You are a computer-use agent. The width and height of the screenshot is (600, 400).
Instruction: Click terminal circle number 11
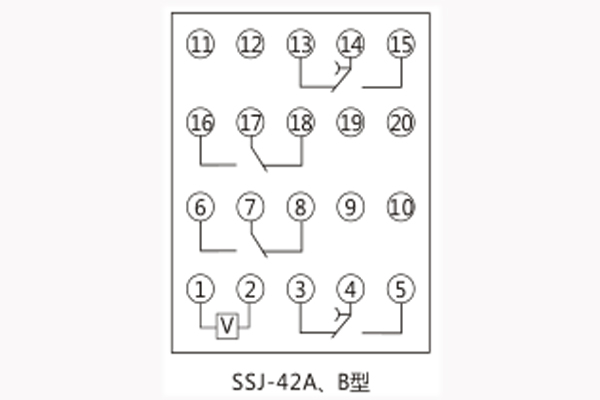point(201,44)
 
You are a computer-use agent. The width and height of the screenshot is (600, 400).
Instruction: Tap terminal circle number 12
point(250,44)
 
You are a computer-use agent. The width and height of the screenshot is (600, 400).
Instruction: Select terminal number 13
point(299,44)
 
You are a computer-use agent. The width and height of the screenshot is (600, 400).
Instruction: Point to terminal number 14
point(350,44)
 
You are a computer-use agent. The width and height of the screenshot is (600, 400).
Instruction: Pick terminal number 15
point(400,44)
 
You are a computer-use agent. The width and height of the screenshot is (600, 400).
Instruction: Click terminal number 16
point(201,123)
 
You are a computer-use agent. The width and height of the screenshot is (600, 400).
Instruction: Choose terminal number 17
point(250,123)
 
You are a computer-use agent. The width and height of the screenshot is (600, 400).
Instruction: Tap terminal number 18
point(299,123)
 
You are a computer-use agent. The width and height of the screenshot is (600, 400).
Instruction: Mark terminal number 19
point(350,123)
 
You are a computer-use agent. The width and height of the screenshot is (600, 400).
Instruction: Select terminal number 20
point(400,123)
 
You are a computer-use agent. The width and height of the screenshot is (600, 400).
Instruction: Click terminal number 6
point(201,208)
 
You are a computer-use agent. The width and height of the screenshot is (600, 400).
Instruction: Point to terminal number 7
point(250,208)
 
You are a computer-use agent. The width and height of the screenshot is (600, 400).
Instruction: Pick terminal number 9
point(350,208)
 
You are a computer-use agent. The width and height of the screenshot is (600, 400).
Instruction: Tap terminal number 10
point(400,208)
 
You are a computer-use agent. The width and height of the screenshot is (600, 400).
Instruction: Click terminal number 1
point(201,290)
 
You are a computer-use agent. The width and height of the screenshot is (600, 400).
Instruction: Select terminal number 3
point(299,290)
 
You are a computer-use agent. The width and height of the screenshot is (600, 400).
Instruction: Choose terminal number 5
point(400,290)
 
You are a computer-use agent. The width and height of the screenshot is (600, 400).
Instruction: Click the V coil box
point(227,326)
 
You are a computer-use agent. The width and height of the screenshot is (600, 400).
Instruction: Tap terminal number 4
point(350,290)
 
